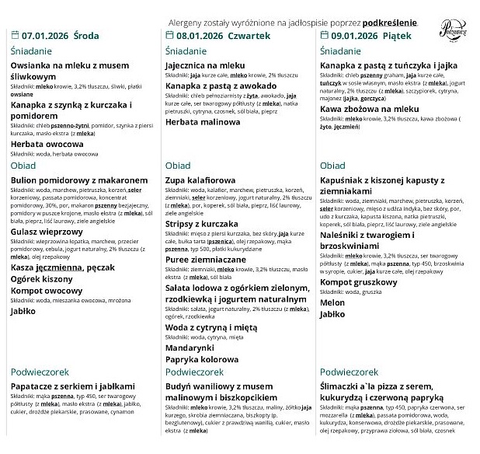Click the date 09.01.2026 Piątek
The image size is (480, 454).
pyautogui.click(x=363, y=36)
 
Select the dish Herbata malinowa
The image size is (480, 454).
pyautogui.click(x=203, y=123)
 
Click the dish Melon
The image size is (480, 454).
pyautogui.click(x=332, y=302)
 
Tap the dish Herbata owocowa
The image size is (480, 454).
pyautogui.click(x=47, y=144)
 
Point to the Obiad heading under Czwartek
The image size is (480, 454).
pyautogui.click(x=178, y=166)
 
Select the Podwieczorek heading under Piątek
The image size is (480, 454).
pyautogui.click(x=349, y=372)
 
